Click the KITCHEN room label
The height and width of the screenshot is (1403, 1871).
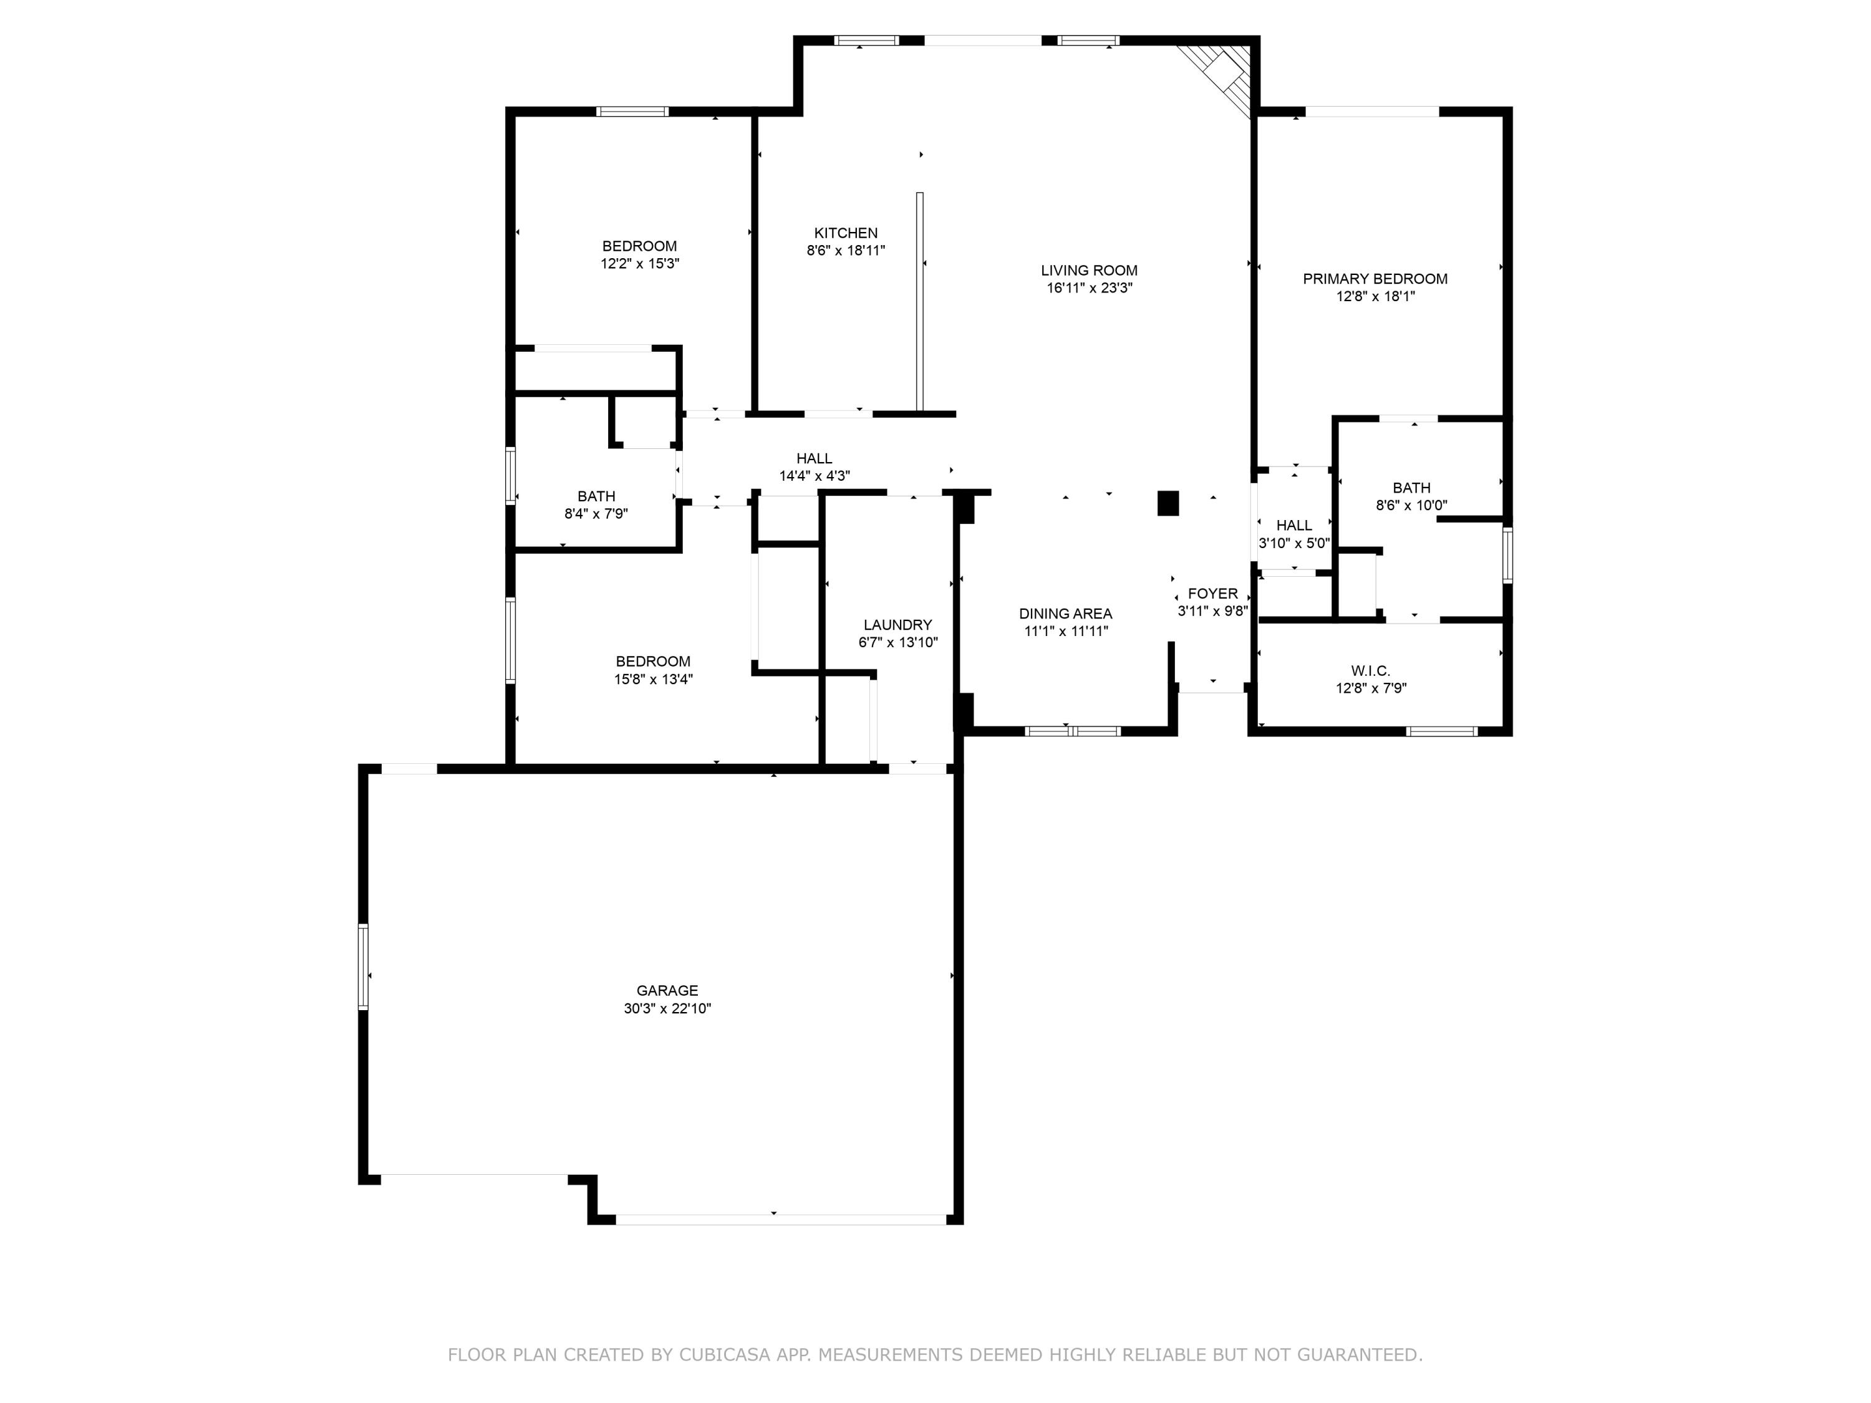(845, 233)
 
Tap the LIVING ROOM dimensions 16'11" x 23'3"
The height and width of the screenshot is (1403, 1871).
(1088, 288)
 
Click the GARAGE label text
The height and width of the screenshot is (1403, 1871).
(667, 990)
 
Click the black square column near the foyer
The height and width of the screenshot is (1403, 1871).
(1168, 503)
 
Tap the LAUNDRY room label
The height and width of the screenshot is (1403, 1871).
(897, 625)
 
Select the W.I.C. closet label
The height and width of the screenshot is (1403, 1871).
(1370, 670)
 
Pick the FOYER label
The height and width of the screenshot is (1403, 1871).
(1212, 594)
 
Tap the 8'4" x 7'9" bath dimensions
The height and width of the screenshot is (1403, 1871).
(596, 513)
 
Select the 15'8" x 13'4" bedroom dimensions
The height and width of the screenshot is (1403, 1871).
(653, 679)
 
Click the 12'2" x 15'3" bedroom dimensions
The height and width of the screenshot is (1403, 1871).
(639, 264)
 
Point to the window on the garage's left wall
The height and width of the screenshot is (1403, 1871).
(364, 966)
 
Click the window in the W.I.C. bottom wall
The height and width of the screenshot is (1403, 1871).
(1441, 731)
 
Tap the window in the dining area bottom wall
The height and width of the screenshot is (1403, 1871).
(1071, 731)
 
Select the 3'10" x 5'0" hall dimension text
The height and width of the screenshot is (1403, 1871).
(1293, 543)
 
